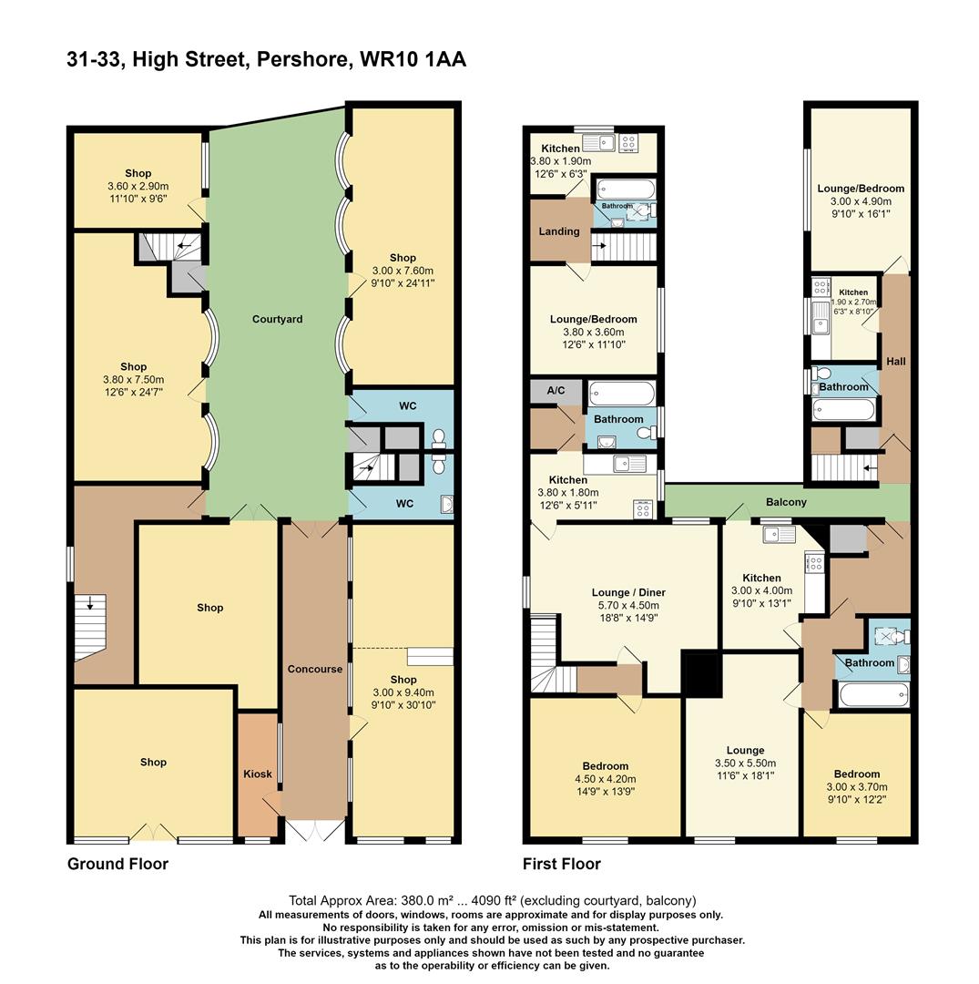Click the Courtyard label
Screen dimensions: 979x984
(277, 319)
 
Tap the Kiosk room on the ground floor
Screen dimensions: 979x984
(258, 774)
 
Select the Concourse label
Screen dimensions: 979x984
(315, 669)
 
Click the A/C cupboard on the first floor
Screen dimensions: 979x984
(556, 390)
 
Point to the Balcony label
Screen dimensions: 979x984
(786, 502)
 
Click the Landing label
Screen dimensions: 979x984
(559, 231)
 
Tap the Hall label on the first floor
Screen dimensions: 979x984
(895, 362)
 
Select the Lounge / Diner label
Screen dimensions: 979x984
(628, 592)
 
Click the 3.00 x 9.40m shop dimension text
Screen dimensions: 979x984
(403, 692)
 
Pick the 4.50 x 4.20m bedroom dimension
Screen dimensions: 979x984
(606, 779)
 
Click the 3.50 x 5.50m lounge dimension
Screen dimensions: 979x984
(745, 764)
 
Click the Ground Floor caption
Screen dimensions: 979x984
(117, 864)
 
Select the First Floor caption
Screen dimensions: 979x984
(562, 864)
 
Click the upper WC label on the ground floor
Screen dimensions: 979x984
(408, 406)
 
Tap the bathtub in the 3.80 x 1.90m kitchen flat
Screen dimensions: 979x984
(626, 189)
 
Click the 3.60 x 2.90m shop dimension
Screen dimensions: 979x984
(138, 187)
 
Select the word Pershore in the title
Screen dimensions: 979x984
(301, 59)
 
